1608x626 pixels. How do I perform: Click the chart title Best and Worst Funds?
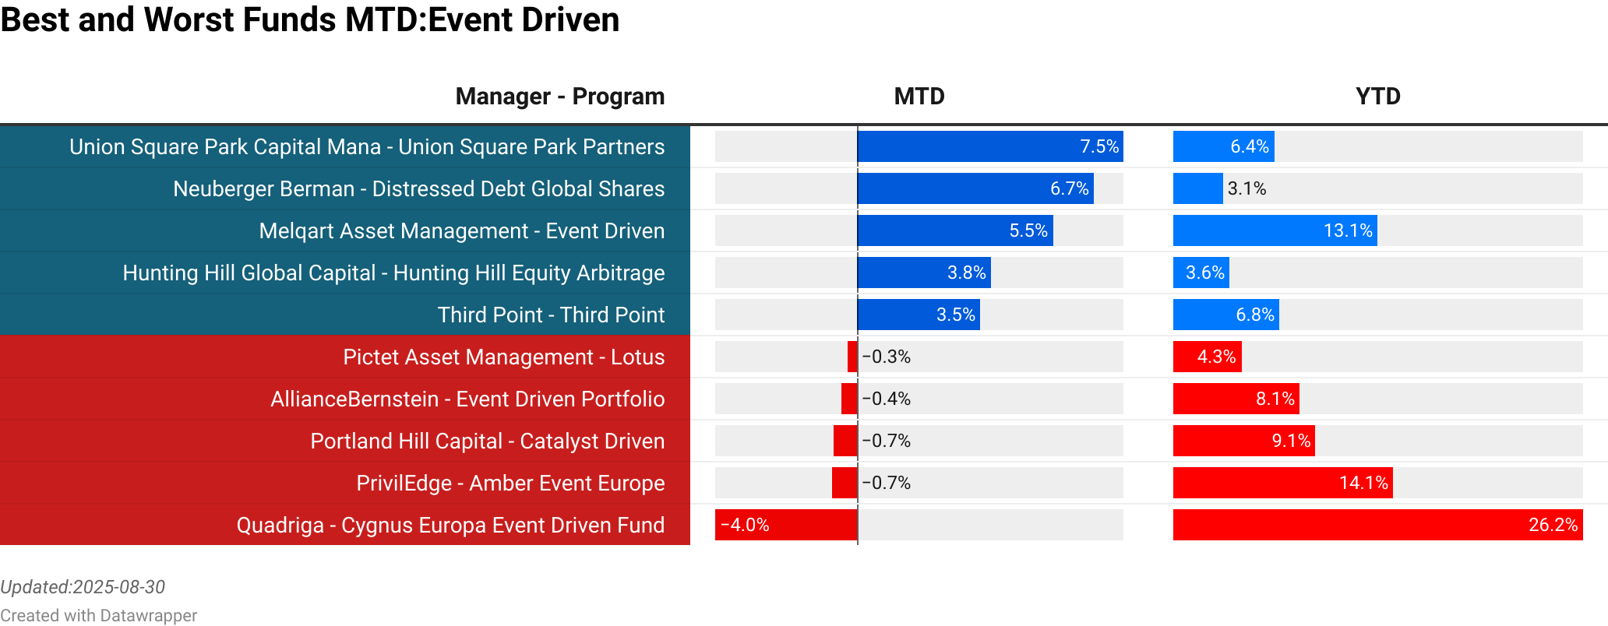click(309, 20)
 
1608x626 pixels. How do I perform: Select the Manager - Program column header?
click(559, 97)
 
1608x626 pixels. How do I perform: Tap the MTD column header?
click(919, 97)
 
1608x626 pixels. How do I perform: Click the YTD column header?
click(1377, 97)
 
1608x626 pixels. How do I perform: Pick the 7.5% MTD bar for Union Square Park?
click(989, 146)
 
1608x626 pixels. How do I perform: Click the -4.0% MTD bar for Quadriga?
click(785, 525)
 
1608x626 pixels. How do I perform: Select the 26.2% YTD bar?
click(1377, 525)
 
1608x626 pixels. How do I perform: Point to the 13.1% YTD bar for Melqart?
click(1275, 230)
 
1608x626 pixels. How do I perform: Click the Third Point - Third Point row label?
click(551, 315)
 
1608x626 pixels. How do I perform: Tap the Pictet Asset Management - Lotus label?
click(503, 357)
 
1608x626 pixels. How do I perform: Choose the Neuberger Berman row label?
click(418, 188)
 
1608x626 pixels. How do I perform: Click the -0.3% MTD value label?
click(887, 357)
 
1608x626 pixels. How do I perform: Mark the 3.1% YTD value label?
click(1247, 188)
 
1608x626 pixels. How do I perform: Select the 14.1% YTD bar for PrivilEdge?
click(1282, 483)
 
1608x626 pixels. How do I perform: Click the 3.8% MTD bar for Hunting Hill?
click(924, 273)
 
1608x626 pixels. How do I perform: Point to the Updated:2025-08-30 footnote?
click(83, 587)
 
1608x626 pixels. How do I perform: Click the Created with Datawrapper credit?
click(98, 615)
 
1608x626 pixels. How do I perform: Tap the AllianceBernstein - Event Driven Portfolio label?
click(467, 399)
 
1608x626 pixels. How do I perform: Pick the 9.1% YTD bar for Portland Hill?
click(1243, 441)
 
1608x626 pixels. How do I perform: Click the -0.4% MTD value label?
click(887, 399)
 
